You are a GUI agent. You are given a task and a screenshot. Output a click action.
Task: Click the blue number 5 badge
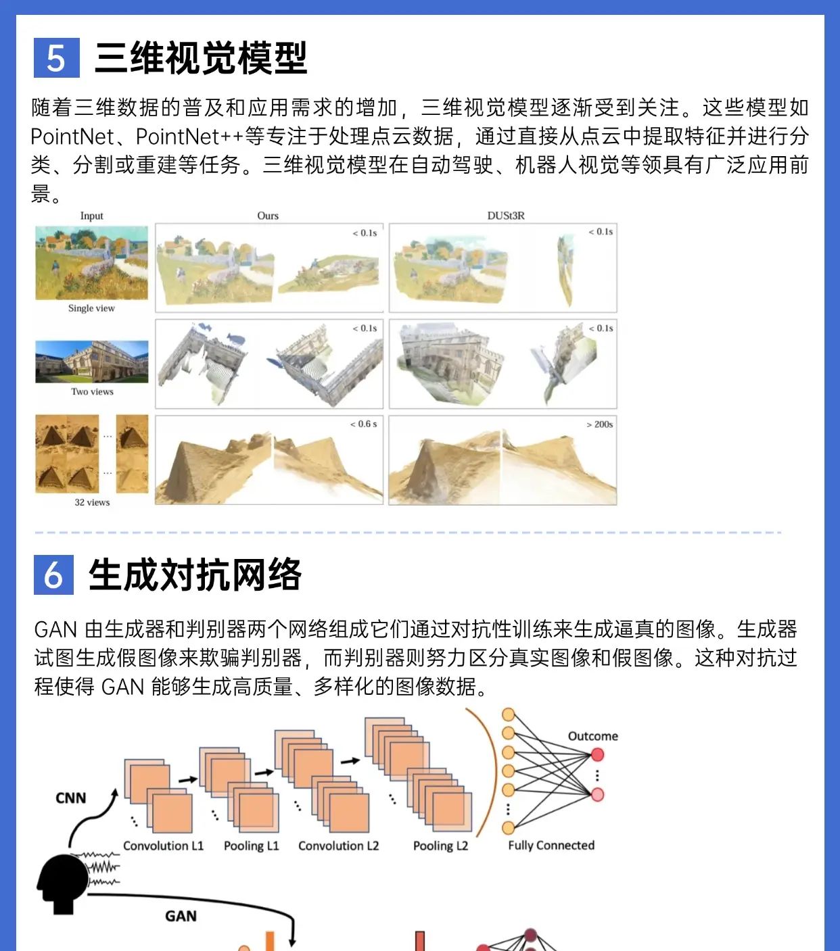point(56,58)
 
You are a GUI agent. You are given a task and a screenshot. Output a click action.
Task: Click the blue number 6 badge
point(53,575)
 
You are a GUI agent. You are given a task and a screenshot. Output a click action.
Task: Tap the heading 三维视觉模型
point(201,58)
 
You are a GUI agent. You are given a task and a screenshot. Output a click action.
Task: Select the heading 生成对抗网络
point(195,575)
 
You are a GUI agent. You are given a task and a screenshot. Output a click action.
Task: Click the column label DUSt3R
point(505,216)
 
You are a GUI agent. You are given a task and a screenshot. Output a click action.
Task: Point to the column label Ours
point(268,216)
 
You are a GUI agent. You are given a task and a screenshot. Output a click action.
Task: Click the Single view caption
point(91,308)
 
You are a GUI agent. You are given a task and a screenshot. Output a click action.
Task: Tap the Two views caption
point(92,391)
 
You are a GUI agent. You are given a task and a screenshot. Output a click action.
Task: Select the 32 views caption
point(92,502)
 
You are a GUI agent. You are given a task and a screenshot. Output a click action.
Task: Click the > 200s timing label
point(599,424)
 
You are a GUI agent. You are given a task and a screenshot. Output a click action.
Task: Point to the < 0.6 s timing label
point(363,424)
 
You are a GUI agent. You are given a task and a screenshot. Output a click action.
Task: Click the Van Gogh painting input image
point(91,263)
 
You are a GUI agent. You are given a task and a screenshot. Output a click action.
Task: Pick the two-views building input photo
point(92,362)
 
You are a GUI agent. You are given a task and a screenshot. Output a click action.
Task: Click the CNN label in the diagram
point(71,798)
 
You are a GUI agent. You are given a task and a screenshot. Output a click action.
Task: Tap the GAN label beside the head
point(181,916)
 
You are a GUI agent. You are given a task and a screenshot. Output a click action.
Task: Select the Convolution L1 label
point(163,846)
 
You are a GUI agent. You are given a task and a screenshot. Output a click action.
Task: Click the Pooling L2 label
point(440,846)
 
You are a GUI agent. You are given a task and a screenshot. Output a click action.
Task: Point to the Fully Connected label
point(551,846)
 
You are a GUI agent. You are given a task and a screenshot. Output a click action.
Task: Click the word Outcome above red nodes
point(592,736)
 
